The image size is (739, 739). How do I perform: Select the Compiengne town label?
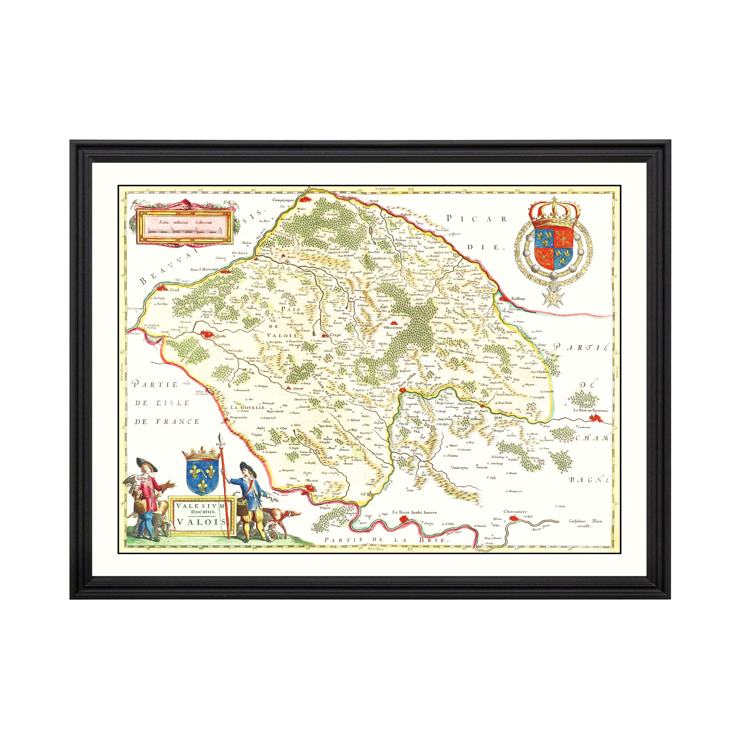click(x=283, y=200)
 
